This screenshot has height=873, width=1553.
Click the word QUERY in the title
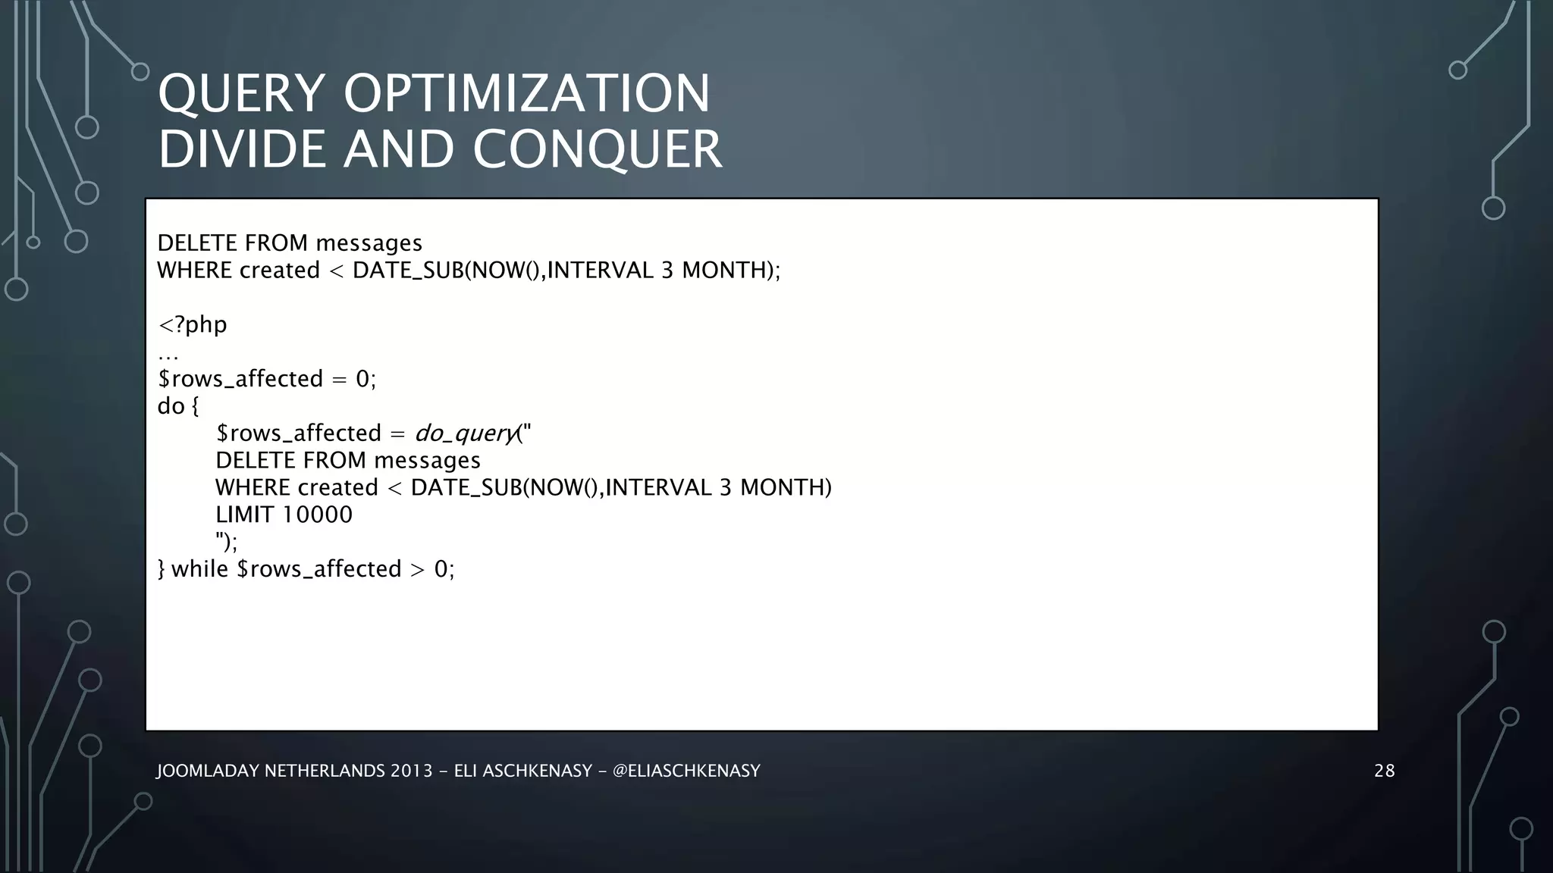(242, 95)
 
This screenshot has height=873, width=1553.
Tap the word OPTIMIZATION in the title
(526, 95)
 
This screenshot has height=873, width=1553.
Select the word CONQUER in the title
(598, 149)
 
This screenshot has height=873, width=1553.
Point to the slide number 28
(1384, 771)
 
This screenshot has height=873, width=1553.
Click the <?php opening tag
(192, 324)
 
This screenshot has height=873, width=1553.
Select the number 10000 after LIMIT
(317, 515)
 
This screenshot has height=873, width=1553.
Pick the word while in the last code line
(199, 569)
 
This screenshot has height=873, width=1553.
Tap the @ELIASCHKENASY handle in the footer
(686, 771)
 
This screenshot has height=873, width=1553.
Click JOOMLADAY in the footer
(207, 771)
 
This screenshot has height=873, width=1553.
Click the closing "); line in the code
(226, 543)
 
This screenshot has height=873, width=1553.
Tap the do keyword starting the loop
(171, 406)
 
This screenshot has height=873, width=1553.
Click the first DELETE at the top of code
(194, 243)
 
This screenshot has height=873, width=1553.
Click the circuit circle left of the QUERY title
(140, 72)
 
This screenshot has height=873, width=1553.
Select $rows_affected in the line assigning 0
(240, 379)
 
